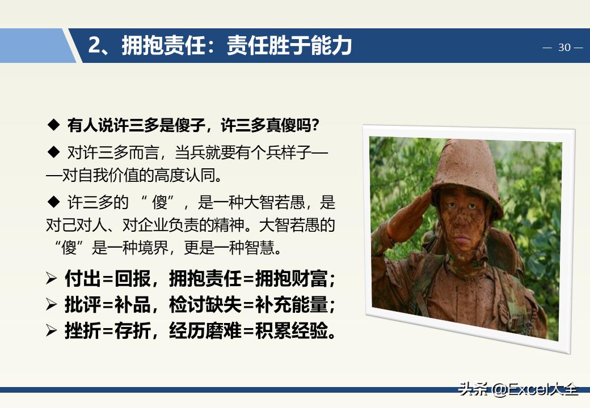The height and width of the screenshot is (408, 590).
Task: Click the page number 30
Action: point(564,48)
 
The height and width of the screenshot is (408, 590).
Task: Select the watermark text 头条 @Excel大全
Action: point(519,389)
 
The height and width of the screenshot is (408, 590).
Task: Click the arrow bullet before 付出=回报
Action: point(52,279)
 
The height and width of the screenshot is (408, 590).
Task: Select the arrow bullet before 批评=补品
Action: point(52,305)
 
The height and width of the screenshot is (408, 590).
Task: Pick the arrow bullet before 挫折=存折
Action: point(52,331)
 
